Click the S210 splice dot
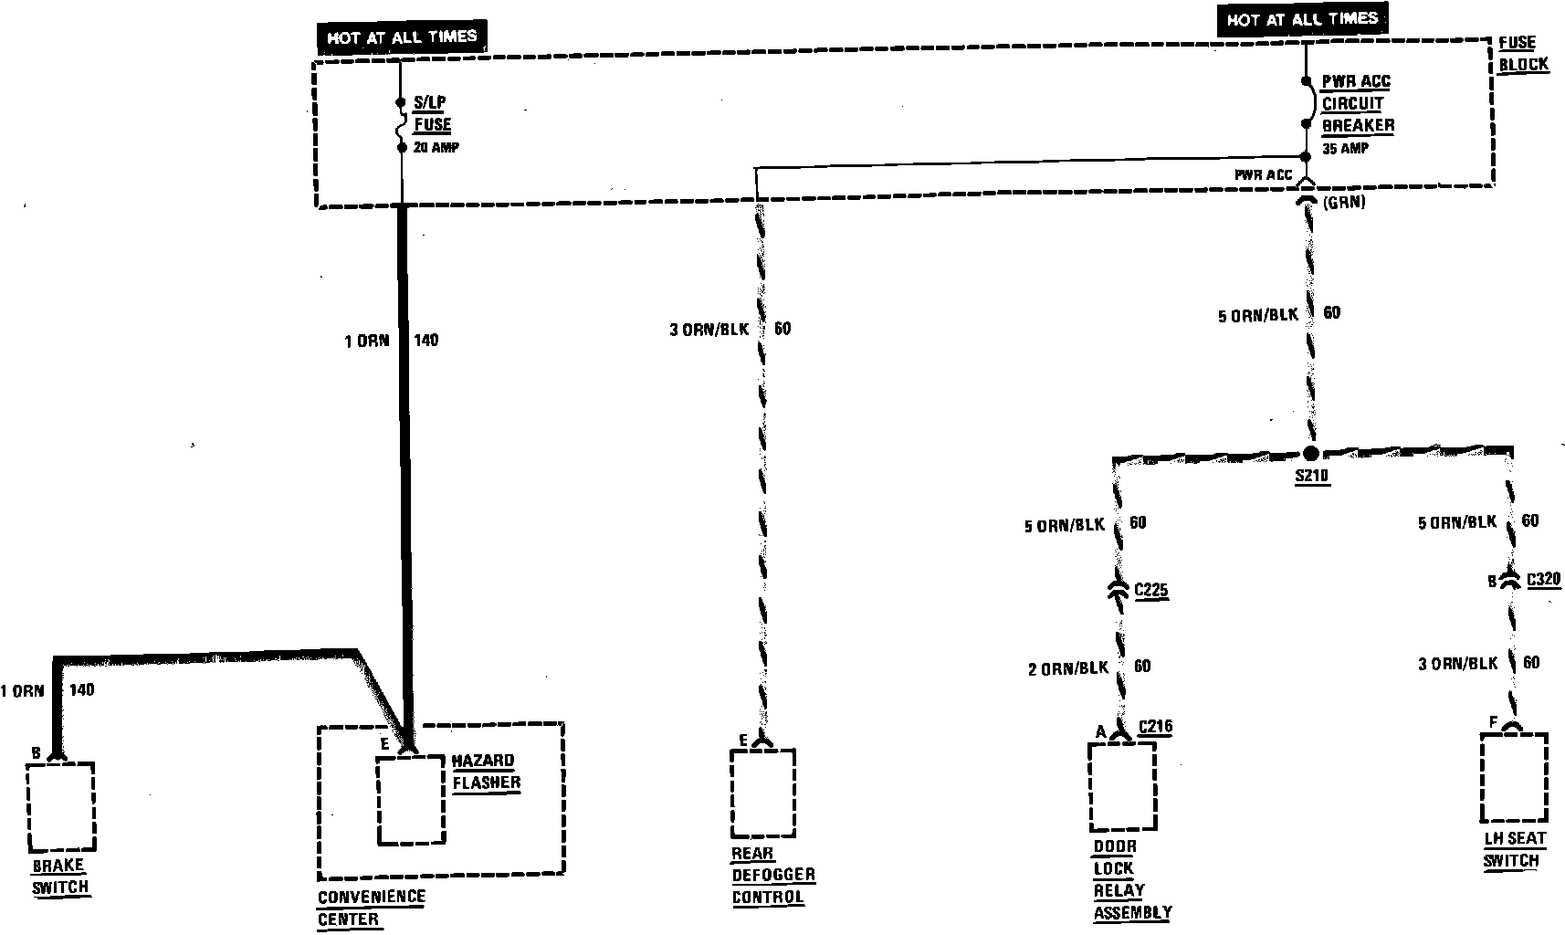1310,453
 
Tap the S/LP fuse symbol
400,124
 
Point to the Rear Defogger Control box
762,793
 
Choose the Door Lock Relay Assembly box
1122,786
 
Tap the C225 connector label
1150,591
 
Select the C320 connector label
1542,579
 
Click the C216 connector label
1155,728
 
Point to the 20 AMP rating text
436,147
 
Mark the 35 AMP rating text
1345,148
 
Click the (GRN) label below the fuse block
1343,203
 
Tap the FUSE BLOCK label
1523,53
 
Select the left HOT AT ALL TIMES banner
402,37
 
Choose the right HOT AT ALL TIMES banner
1301,19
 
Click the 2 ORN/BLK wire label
1068,668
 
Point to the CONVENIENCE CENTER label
371,908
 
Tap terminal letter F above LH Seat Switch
1494,723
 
